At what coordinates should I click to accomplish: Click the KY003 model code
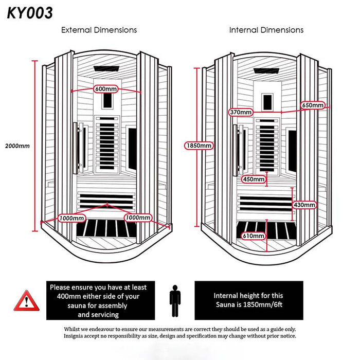[x=30, y=13]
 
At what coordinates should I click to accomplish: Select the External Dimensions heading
[x=99, y=30]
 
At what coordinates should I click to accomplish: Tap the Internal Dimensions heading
[x=266, y=30]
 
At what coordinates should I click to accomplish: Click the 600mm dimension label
[x=106, y=89]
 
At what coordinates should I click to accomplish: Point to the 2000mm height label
[x=16, y=146]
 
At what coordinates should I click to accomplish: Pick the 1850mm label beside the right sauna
[x=199, y=146]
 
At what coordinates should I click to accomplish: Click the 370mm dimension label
[x=241, y=112]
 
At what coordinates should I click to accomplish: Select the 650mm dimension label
[x=313, y=105]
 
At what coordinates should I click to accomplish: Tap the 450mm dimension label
[x=254, y=179]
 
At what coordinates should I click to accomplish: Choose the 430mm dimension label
[x=304, y=205]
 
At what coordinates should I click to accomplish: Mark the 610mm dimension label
[x=254, y=236]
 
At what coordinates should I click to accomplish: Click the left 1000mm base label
[x=71, y=218]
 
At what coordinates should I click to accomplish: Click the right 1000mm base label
[x=138, y=218]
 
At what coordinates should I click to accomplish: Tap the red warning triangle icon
[x=26, y=300]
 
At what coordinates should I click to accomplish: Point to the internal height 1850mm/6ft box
[x=248, y=300]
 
